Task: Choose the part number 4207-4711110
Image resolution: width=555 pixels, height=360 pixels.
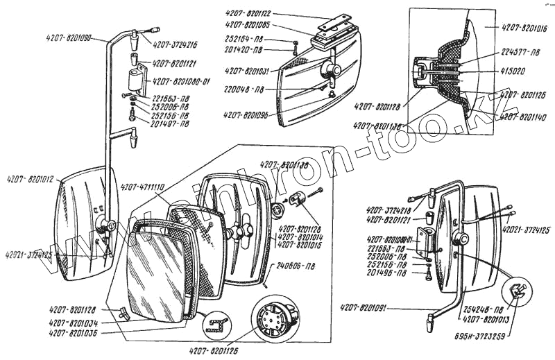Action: (x=142, y=187)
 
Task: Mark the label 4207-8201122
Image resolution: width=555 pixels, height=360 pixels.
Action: (x=248, y=13)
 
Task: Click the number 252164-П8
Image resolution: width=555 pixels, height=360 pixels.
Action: (x=244, y=39)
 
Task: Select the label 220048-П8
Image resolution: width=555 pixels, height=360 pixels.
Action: (x=244, y=89)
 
